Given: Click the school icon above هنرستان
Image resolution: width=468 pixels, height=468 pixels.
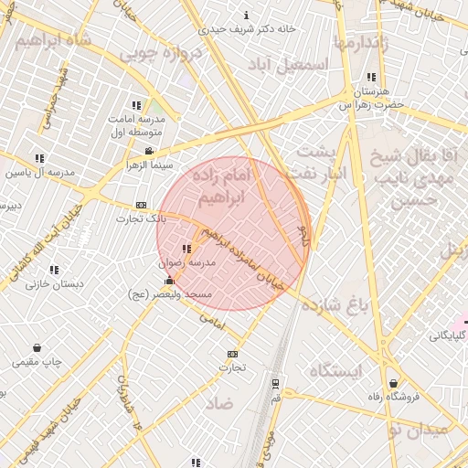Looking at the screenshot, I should [x=371, y=78].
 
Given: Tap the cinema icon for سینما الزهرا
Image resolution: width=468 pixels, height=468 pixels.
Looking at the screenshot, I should [x=149, y=151].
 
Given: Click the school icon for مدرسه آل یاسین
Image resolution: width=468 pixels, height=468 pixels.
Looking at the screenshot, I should [x=38, y=159].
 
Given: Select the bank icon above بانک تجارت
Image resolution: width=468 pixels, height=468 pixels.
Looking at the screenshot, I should [x=141, y=205].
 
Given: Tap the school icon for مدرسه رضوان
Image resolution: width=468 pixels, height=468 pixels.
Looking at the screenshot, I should [x=186, y=249].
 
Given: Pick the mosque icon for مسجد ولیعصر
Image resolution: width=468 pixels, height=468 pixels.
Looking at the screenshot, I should [x=169, y=281].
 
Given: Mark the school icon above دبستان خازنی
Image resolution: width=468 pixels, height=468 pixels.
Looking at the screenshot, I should [x=54, y=270].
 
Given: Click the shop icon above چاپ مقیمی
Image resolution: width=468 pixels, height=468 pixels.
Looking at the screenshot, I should [x=37, y=348].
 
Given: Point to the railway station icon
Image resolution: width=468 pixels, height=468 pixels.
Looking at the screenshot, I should [x=275, y=384].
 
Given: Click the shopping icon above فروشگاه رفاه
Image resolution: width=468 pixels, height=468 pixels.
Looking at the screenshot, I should [x=394, y=383].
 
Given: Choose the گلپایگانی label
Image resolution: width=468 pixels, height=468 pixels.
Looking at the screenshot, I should [x=449, y=336].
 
